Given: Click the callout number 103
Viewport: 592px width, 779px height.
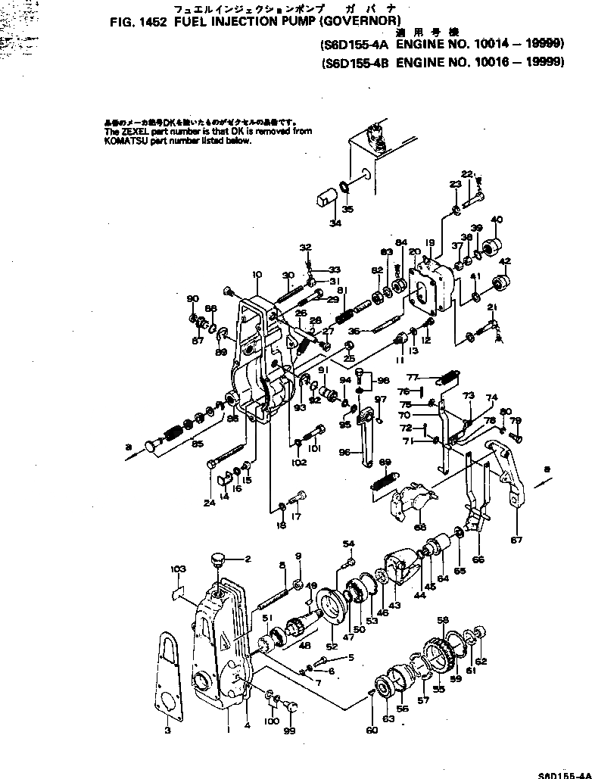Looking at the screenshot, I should tap(178, 569).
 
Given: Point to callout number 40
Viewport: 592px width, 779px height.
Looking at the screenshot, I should tap(497, 220).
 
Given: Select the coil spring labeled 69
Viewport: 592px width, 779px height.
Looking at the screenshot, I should tap(384, 481).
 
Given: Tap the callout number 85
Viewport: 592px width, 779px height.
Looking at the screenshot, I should tap(198, 444).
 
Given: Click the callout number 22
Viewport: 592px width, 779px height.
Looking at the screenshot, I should tap(466, 174).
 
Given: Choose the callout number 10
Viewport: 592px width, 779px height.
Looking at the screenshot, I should tap(256, 274).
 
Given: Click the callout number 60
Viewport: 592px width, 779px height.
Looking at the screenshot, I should tap(371, 731).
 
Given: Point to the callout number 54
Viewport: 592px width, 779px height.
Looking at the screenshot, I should tap(348, 544).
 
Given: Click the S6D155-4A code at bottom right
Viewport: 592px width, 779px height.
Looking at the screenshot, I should tap(564, 774).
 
